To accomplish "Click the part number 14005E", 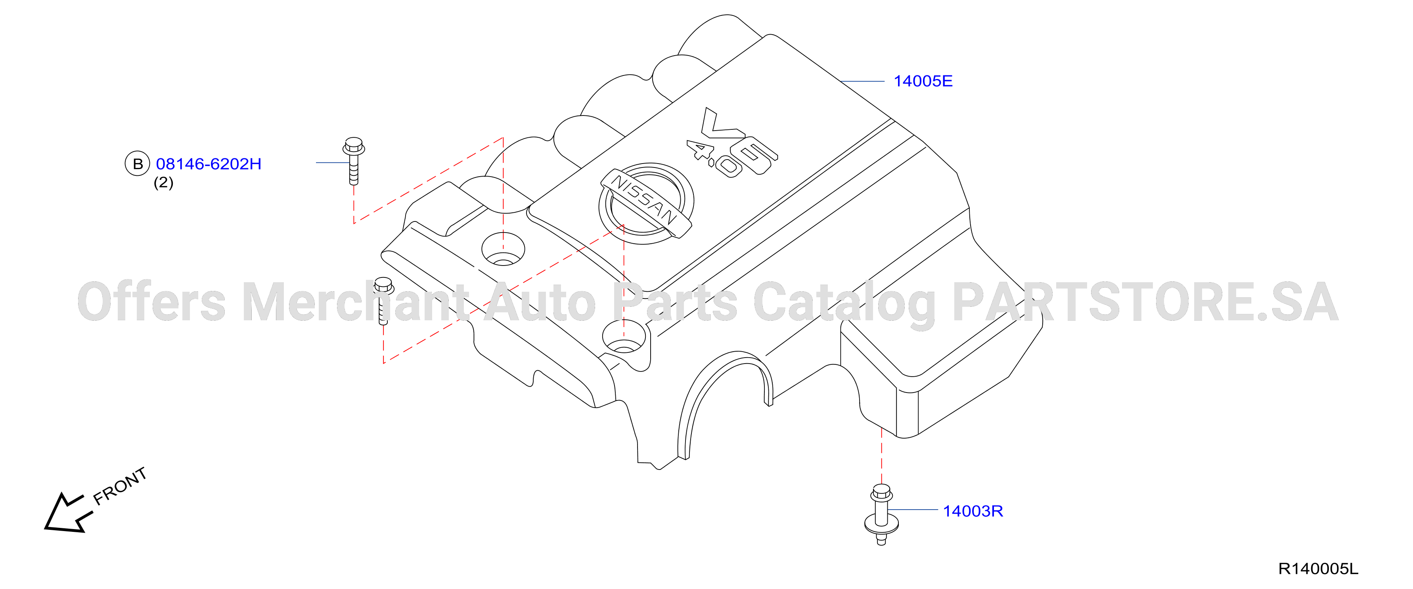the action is (923, 81).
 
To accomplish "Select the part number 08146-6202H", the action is (209, 164).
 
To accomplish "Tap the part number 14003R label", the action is (973, 511).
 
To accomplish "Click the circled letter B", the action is (138, 164).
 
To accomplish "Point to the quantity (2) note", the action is (163, 182).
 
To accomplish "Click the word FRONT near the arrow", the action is (120, 486).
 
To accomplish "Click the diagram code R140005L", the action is (1318, 569).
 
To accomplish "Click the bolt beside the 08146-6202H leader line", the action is (354, 161).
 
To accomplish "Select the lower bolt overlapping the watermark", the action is (383, 301).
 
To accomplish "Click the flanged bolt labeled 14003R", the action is (881, 514).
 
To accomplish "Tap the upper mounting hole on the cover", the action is (503, 249).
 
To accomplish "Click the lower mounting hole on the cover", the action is (623, 337).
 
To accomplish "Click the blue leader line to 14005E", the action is (862, 81).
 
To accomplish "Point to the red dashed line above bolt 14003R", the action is (881, 456).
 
